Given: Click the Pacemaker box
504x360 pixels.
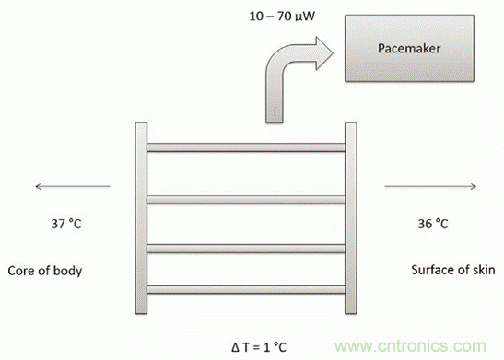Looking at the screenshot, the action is pos(409,48).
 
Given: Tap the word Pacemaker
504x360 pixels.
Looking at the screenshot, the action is pos(409,49).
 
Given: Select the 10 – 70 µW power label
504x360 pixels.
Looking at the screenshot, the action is pos(282,16).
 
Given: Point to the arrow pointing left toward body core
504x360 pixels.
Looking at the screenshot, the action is pos(73,186).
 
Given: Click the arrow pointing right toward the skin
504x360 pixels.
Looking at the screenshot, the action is pos(430,186).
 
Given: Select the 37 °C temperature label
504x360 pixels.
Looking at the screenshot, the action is pos(66,224).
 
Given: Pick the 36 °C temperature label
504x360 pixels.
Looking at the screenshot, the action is pos(433,224).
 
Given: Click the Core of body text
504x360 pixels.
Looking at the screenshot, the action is pos(44,271).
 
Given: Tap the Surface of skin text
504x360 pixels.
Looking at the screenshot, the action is pos(453,270).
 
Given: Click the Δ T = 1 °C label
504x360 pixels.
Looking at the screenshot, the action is pos(258,347).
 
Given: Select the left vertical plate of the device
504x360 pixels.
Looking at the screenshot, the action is pos(141,218).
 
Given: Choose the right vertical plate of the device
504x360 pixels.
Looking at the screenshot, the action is pos(351,218).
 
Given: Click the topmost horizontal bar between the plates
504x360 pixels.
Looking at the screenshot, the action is pos(246,147).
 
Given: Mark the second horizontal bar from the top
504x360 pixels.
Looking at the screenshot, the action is pos(246,200).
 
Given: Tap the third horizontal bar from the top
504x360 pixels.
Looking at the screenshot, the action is pos(246,249).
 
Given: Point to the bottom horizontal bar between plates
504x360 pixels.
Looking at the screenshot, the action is pos(246,289).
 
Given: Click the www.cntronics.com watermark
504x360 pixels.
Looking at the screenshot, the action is pos(410,346).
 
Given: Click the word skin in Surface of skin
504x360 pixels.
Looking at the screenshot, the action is pos(484,270).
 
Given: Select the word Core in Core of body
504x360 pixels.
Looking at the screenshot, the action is pos(21,271).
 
